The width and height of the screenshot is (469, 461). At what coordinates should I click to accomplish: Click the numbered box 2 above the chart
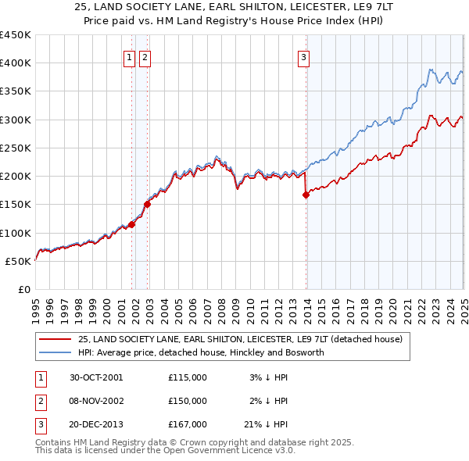point(145,56)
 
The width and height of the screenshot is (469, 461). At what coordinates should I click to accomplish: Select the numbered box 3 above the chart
point(303,56)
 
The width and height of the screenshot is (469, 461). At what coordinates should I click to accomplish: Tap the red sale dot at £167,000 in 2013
point(306,195)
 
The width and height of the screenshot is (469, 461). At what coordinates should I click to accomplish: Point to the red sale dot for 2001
point(132,224)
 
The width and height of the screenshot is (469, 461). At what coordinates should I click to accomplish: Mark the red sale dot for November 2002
point(147,204)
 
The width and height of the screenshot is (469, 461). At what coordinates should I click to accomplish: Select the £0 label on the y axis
point(23,289)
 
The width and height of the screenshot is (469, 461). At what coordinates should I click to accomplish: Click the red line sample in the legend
point(55,340)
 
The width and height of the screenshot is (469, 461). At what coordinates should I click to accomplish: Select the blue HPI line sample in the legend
point(55,352)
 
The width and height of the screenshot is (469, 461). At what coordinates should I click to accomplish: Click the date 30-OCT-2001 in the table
point(96,377)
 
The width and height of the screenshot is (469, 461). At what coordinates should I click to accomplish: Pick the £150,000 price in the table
point(188,401)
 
